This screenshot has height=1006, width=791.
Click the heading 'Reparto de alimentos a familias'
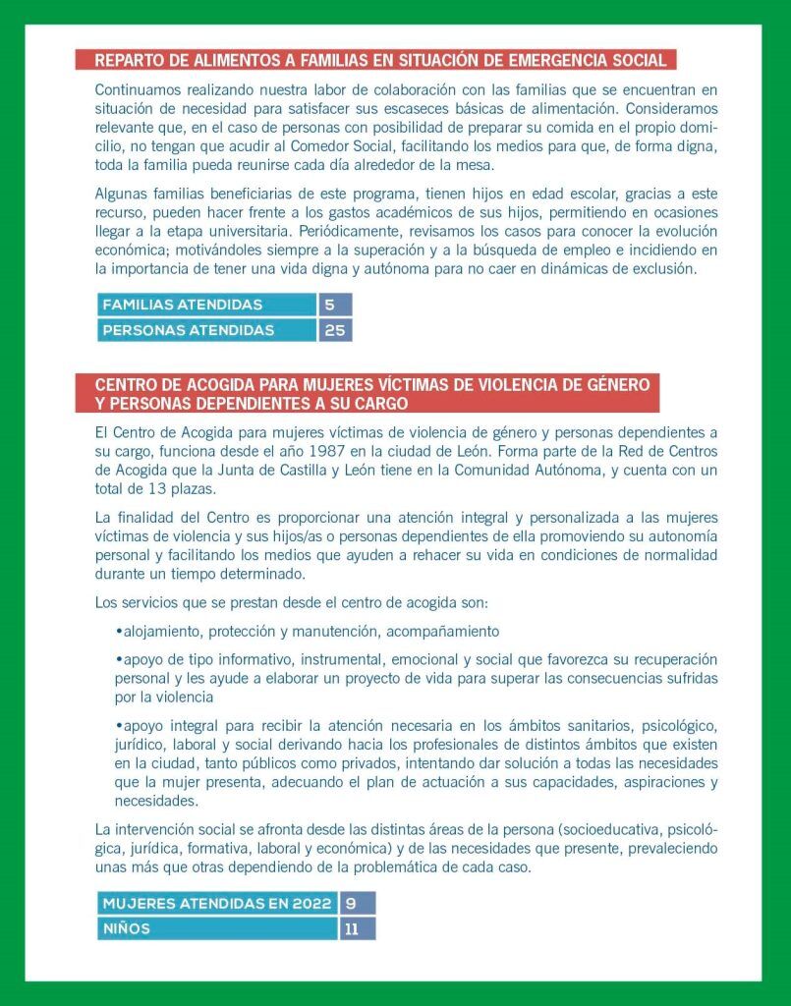379,60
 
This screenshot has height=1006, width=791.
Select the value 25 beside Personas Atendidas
334,330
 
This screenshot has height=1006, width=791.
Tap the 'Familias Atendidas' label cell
206,305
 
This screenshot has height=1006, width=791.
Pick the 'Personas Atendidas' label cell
206,330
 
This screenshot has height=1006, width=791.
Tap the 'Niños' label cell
216,928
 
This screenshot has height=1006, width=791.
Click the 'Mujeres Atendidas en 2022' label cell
216,903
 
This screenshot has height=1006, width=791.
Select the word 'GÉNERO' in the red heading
609,384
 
